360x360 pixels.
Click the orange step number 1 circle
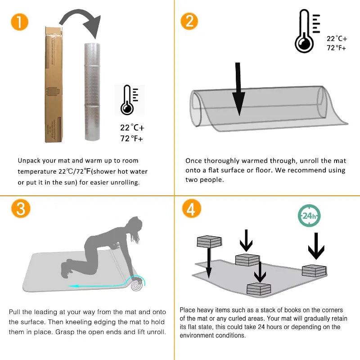click(19, 22)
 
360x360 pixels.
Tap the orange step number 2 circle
click(189, 21)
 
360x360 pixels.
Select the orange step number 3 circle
click(21, 208)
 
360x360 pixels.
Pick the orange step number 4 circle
click(192, 209)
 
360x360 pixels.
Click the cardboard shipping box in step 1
click(54, 85)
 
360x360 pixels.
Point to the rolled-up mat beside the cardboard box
click(92, 92)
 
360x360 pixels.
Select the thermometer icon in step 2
click(307, 31)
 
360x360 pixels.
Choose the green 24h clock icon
click(309, 216)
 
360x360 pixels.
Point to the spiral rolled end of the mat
click(137, 285)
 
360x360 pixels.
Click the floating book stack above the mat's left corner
click(209, 241)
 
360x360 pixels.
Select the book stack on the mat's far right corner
click(314, 271)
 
